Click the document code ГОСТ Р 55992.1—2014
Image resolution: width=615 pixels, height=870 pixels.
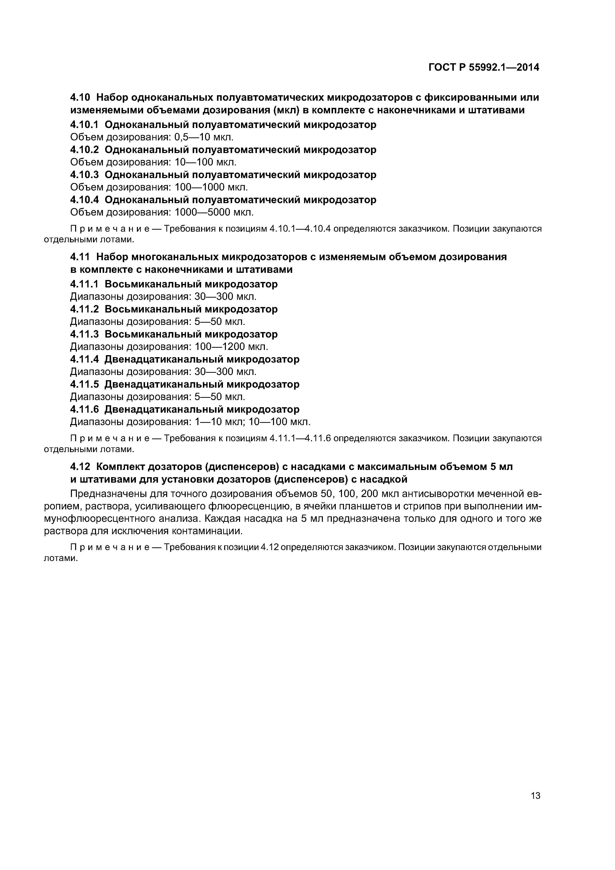(x=484, y=67)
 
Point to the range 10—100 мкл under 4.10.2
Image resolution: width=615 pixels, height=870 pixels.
(x=205, y=162)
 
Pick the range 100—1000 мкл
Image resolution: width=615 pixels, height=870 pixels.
(x=211, y=187)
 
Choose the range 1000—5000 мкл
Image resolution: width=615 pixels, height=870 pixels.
(x=214, y=212)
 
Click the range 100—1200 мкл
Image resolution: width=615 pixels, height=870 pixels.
(x=231, y=346)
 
